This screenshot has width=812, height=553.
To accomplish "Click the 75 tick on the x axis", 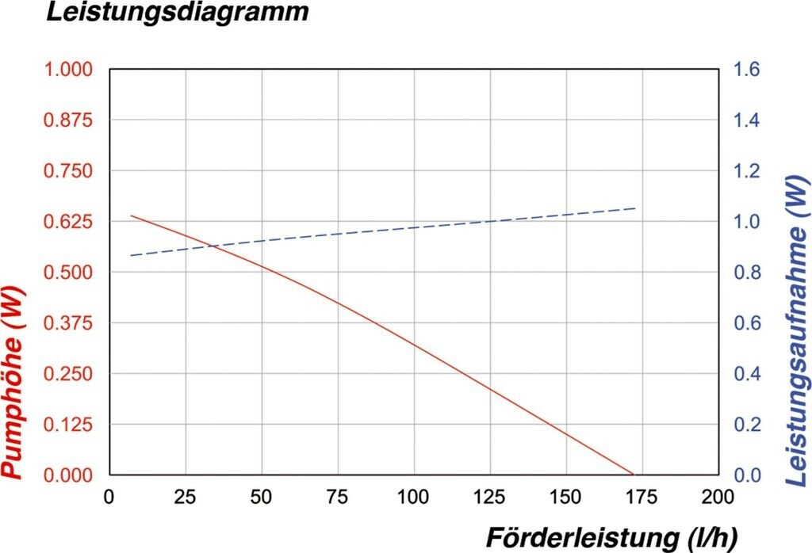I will click(x=338, y=497).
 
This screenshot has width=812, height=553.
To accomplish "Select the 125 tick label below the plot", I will click(x=490, y=497).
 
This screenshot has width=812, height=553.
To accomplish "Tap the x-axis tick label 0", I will click(x=109, y=497).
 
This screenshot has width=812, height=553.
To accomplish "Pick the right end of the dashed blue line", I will click(x=636, y=208).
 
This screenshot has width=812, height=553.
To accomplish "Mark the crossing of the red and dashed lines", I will click(x=213, y=246).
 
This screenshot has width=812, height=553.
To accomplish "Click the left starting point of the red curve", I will click(x=131, y=215).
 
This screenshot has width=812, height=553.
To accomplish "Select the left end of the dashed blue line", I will click(x=131, y=255).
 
